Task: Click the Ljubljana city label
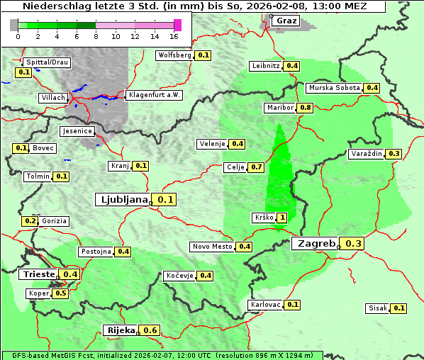(122, 200)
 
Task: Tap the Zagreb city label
(316, 244)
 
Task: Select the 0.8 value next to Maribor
(306, 108)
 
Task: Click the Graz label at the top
(286, 21)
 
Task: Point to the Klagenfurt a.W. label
(154, 95)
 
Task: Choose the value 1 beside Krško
(282, 218)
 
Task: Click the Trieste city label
(39, 274)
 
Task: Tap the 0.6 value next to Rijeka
(150, 330)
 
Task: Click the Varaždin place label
(367, 154)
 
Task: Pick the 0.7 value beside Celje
(257, 167)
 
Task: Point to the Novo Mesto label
(212, 247)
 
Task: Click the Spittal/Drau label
(47, 62)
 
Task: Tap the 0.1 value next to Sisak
(399, 308)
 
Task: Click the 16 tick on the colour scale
(174, 36)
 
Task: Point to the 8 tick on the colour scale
(96, 36)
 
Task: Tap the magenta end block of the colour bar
(177, 25)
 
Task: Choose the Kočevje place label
(179, 275)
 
